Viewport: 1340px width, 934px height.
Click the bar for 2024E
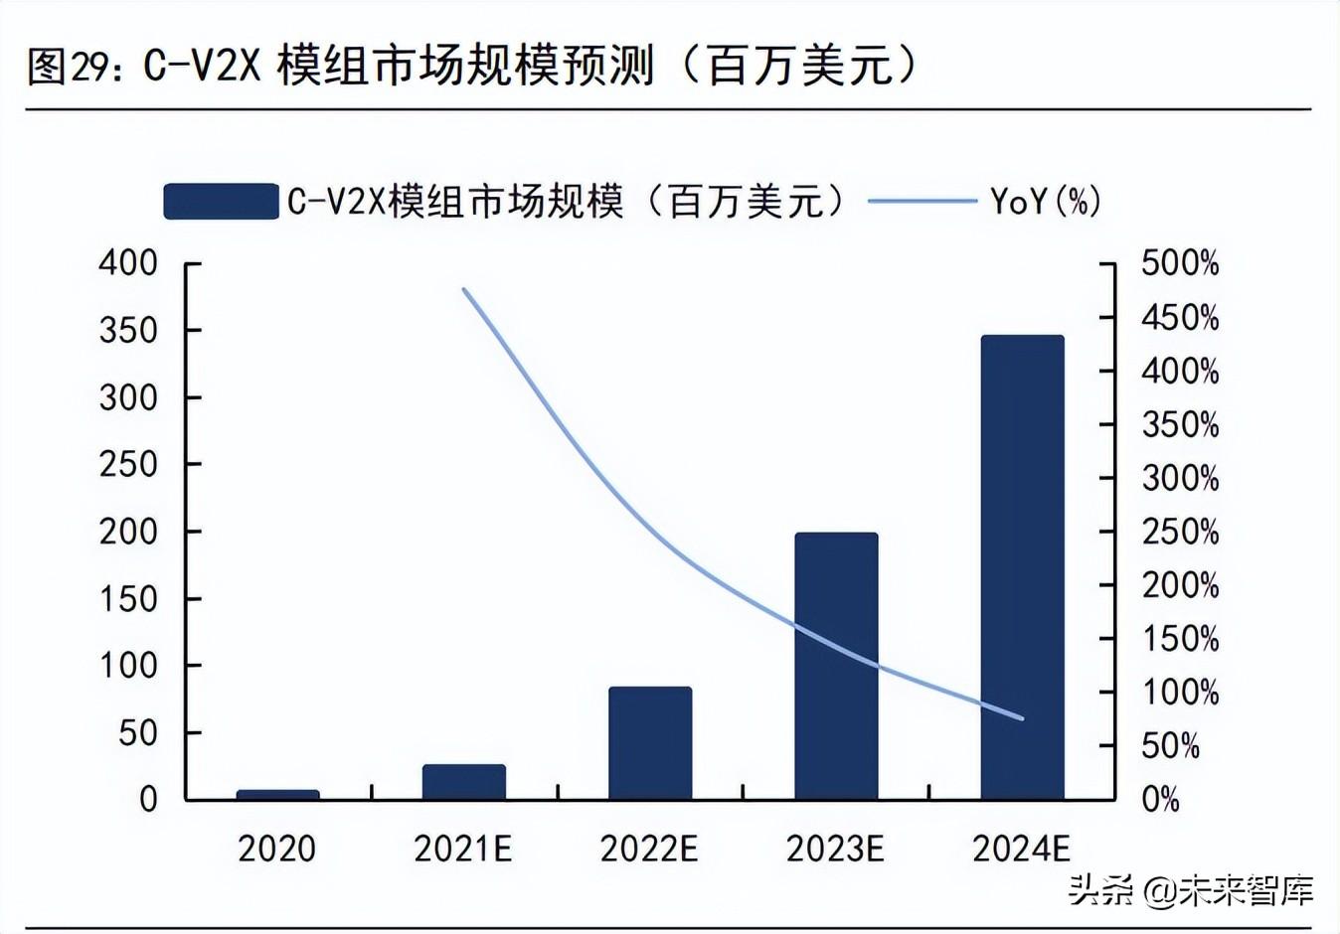(x=1022, y=566)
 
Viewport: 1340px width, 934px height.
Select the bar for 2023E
(x=836, y=666)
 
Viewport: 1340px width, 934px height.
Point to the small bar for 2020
(x=277, y=794)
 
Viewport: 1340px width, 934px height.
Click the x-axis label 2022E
(x=649, y=849)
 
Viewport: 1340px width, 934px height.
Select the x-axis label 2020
(x=277, y=849)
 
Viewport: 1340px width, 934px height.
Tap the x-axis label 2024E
(x=1021, y=849)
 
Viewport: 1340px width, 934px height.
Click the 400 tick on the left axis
(x=128, y=263)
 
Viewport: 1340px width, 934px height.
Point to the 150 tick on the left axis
(x=128, y=598)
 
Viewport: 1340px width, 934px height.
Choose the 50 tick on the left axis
(x=138, y=732)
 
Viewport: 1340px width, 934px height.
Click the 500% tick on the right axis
(x=1179, y=263)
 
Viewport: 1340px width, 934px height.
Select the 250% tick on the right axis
(x=1179, y=532)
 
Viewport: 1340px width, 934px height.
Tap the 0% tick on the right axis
(x=1160, y=799)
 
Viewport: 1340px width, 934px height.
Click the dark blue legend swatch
(x=221, y=201)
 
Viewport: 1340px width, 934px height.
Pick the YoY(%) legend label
(x=1046, y=201)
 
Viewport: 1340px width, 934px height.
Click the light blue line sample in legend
(x=921, y=201)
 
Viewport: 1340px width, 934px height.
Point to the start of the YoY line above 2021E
(x=464, y=289)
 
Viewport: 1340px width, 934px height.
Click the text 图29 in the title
(x=66, y=67)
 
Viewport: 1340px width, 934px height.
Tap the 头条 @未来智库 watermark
(x=1191, y=890)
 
